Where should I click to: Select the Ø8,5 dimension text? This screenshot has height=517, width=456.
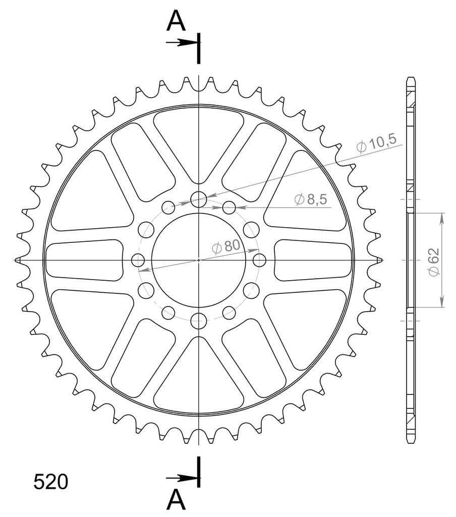point(310,199)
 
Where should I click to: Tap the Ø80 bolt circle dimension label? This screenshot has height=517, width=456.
point(226,246)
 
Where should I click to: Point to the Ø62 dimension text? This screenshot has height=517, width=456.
point(433,262)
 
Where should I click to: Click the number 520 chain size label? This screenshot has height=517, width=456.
point(51,482)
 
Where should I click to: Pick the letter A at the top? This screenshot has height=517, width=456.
point(176,21)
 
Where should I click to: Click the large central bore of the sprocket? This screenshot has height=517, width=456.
point(199,260)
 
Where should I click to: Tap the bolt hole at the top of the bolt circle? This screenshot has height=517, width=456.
point(199,199)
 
